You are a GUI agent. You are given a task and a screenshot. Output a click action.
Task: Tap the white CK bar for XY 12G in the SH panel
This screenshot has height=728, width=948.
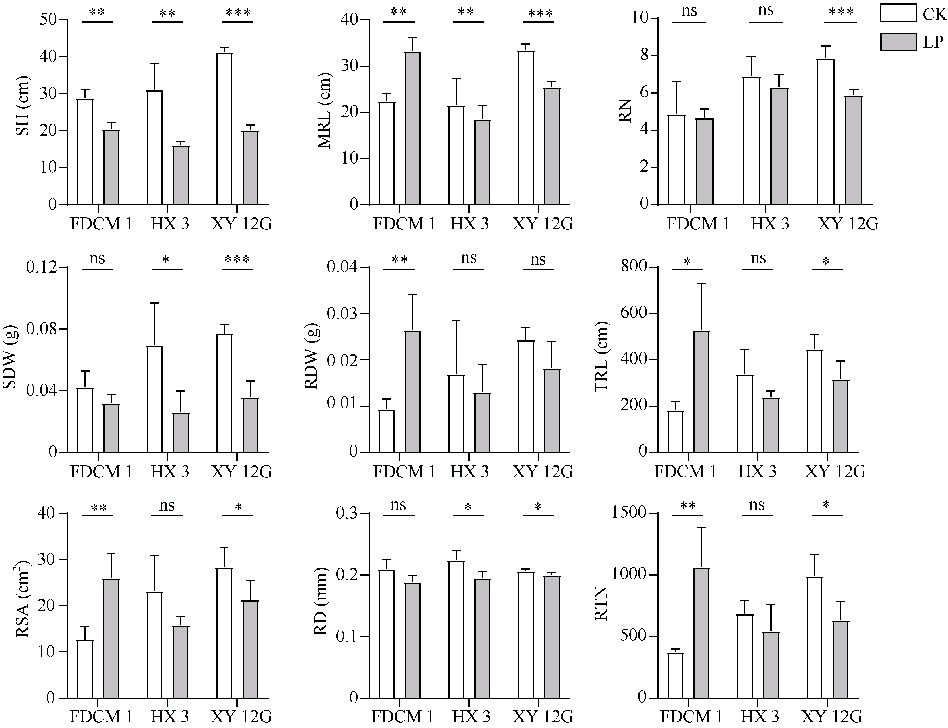coord(224,129)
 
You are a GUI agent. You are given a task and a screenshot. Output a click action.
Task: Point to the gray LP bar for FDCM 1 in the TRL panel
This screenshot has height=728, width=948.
coord(701,392)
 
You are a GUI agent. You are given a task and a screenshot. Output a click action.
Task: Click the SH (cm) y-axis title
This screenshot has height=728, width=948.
coord(23,106)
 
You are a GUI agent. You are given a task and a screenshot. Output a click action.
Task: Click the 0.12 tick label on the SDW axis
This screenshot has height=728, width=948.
coord(42,267)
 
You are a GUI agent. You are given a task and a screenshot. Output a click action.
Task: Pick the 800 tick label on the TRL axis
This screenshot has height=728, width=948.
coord(633,267)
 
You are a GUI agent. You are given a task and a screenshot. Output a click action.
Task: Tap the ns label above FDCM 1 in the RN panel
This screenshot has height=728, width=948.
coord(689,10)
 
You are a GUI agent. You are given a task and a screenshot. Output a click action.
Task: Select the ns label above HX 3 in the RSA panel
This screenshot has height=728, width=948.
coord(167,505)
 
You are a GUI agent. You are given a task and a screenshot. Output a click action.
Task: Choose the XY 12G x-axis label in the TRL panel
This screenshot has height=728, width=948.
coord(835,471)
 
